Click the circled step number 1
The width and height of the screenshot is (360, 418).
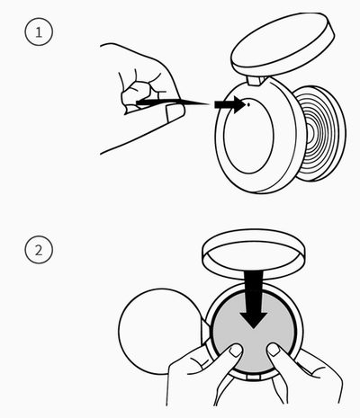[x=39, y=32]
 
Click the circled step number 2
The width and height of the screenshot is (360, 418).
[x=39, y=250]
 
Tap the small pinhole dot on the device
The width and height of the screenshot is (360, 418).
[x=248, y=104]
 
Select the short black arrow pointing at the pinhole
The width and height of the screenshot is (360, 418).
[x=230, y=104]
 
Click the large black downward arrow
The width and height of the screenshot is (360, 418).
[x=254, y=299]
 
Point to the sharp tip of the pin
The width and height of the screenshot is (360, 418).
[x=209, y=104]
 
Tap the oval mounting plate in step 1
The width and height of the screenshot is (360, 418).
[x=283, y=44]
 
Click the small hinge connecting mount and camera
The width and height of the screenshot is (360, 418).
[x=256, y=81]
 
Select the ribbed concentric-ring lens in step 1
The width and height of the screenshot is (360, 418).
[x=320, y=134]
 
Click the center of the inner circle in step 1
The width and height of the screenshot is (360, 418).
[x=248, y=136]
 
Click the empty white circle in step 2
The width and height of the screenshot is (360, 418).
[x=160, y=332]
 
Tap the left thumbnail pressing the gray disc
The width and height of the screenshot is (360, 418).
[x=236, y=350]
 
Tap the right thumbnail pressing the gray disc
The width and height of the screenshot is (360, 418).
[x=274, y=350]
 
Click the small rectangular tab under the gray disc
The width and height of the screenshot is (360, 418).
[x=254, y=377]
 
